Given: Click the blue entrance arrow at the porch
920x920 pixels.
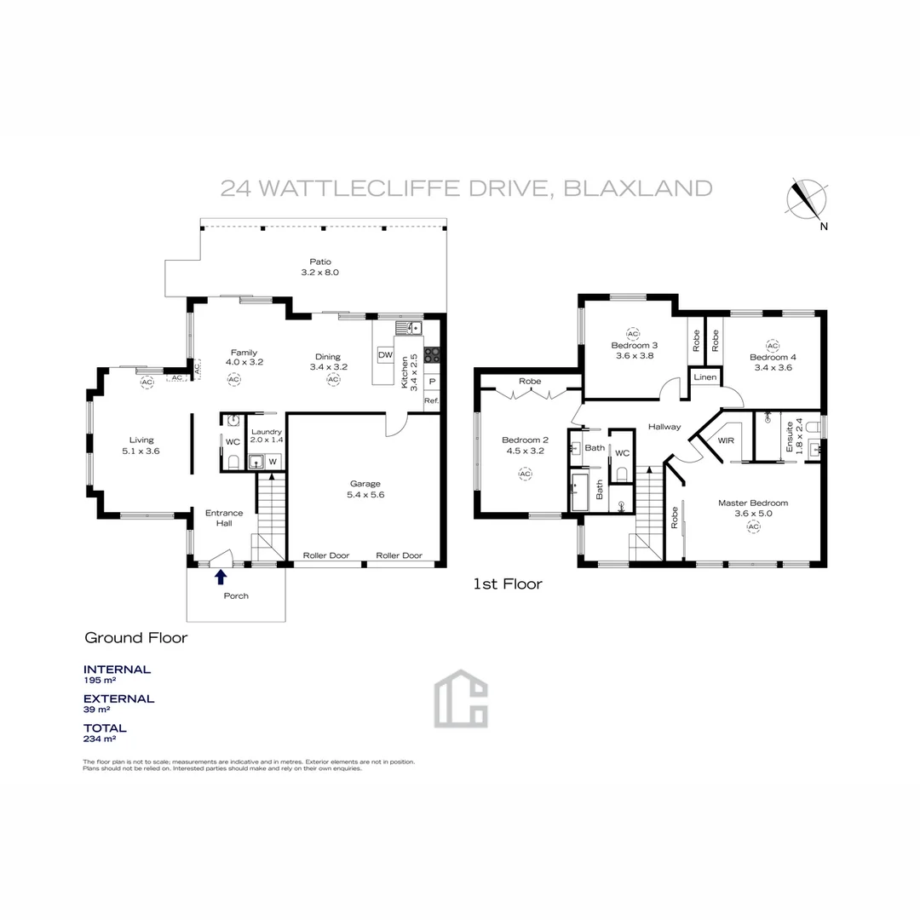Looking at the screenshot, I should click(221, 578).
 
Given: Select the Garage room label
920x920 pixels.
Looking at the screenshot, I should click(364, 483).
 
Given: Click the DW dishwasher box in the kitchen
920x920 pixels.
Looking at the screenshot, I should click(385, 354).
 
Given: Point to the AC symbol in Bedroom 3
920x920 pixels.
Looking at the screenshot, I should click(632, 334).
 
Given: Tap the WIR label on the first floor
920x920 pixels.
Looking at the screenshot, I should click(726, 441).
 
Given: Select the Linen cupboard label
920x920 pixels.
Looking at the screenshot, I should click(704, 377).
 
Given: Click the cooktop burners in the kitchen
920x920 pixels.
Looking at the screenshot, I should click(431, 356).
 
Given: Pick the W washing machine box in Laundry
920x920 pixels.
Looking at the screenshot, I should click(273, 462).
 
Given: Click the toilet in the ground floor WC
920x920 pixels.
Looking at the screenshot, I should click(233, 462).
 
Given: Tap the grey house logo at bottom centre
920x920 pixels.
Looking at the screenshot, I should click(461, 699).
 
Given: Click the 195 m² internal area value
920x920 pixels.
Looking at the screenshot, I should click(99, 681).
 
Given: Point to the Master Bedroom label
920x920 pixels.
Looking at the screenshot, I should click(752, 503).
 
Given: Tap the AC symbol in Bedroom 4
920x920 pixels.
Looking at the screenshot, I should click(772, 345).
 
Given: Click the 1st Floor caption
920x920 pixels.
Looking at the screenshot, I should click(508, 584).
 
